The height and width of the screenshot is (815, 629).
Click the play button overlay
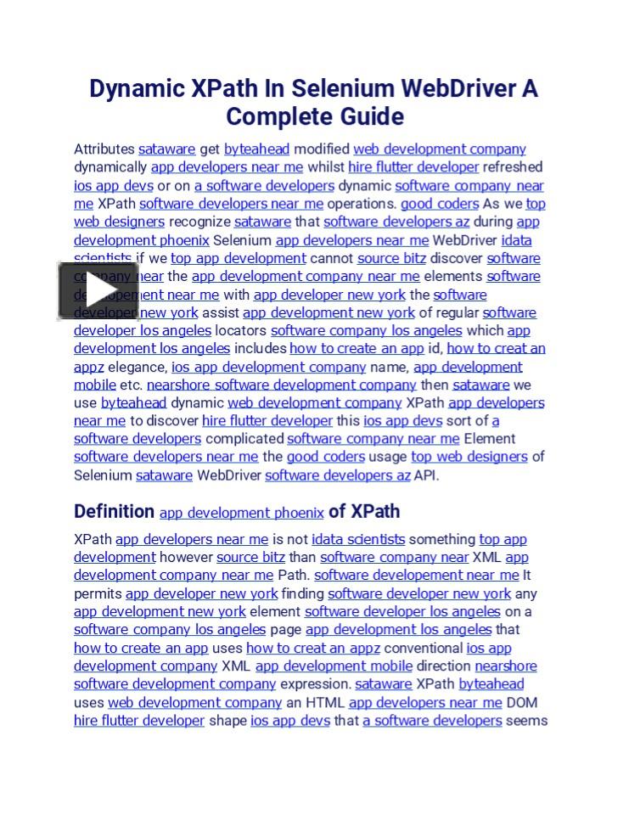[98, 291]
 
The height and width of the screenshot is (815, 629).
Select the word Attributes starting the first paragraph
[104, 149]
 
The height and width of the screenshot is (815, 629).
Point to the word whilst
[325, 167]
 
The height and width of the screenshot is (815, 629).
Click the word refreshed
[513, 167]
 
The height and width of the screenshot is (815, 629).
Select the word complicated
[244, 439]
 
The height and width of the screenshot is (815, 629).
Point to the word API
[426, 475]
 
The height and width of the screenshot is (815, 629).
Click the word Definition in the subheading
[114, 512]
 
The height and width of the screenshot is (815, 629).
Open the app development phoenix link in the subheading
[242, 513]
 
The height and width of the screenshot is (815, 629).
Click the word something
[442, 539]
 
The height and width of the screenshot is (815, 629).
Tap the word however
[186, 558]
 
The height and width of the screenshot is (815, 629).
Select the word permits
[98, 594]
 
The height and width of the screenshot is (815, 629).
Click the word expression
[315, 684]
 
